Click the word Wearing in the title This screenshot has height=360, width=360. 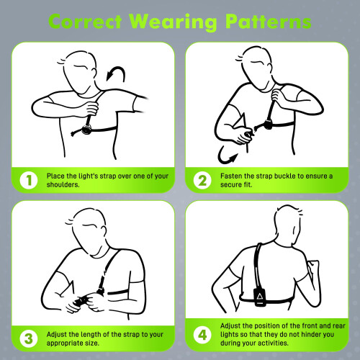point(174,22)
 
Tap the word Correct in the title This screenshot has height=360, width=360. point(85,22)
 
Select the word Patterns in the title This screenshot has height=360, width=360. point(269,22)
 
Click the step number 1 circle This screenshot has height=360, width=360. point(29,180)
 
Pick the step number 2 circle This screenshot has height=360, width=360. point(202,180)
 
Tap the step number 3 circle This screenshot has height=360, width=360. point(29,338)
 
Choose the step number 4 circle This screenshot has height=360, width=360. point(202,335)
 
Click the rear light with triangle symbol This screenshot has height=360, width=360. point(259,297)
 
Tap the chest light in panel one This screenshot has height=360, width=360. point(86,130)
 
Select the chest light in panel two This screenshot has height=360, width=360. point(268,125)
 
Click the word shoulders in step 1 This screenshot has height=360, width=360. point(63,184)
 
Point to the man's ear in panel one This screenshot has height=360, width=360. point(94,72)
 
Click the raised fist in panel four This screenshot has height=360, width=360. point(313,267)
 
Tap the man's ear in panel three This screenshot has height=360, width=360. point(104,230)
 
